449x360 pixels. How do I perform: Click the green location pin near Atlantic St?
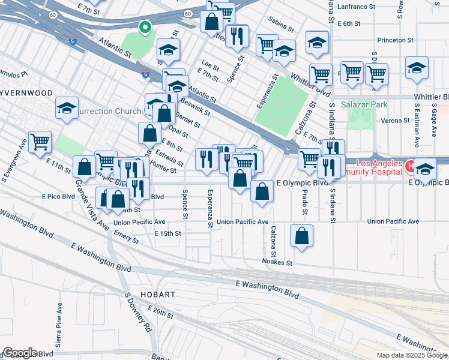click(x=145, y=28)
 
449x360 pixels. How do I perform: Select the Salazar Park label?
click(x=364, y=104)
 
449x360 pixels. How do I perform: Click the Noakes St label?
click(x=277, y=262)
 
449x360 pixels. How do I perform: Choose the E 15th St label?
click(x=167, y=233)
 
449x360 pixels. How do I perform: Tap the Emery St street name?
click(x=126, y=239)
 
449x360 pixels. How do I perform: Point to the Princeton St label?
click(x=396, y=40)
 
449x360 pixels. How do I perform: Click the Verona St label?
click(x=395, y=121)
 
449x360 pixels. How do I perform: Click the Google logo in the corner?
click(x=20, y=353)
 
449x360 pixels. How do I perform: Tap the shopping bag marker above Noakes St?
click(x=301, y=236)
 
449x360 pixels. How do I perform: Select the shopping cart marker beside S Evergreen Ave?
click(x=40, y=143)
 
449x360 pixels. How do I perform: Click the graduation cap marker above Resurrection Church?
click(x=67, y=109)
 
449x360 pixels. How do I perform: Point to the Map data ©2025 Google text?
click(x=412, y=355)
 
